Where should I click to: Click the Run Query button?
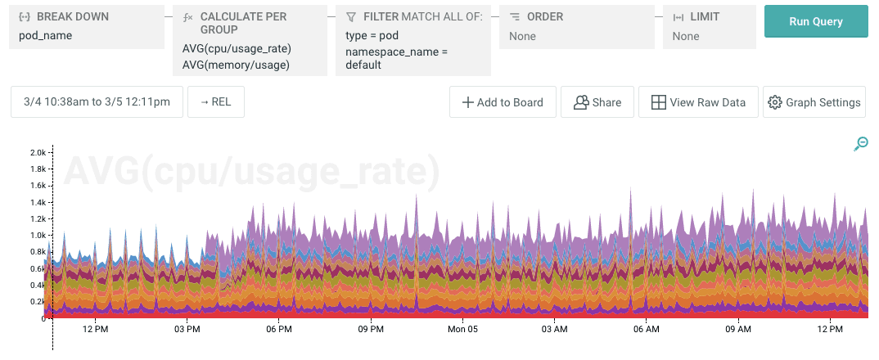815,22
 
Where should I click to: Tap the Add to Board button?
503,102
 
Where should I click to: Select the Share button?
597,102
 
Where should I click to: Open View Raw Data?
698,102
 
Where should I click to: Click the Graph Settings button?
814,102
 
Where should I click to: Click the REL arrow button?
216,102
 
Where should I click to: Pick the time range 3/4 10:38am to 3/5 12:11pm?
97,102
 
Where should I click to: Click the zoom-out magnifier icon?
861,144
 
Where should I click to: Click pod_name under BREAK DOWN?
46,36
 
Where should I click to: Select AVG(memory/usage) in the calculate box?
237,64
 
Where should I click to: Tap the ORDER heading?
544,16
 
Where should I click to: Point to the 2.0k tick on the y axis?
38,152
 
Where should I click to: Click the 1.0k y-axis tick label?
38,235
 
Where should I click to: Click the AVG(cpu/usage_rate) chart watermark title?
252,172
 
